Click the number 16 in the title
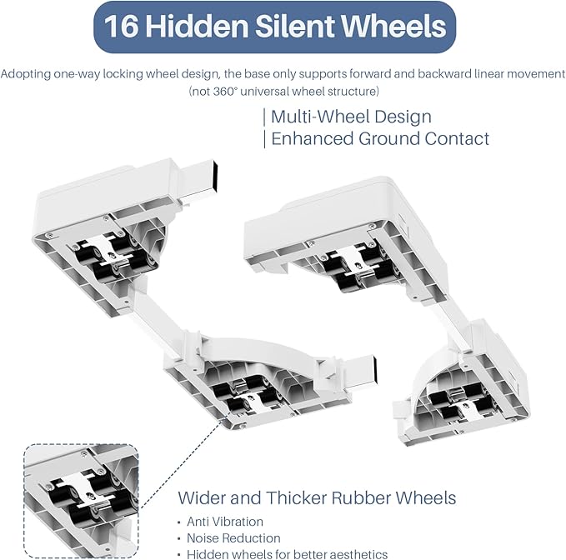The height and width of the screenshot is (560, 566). tap(122, 26)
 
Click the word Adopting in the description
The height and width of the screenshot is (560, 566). tap(26, 74)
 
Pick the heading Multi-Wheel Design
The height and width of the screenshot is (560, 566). tap(351, 117)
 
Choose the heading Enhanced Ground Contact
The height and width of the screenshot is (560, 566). tap(380, 138)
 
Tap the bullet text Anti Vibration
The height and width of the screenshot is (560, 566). tap(225, 522)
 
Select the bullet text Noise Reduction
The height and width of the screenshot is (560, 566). tap(233, 538)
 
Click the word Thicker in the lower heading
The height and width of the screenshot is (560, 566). tap(297, 497)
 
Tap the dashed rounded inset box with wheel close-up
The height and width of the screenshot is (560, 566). tap(81, 501)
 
